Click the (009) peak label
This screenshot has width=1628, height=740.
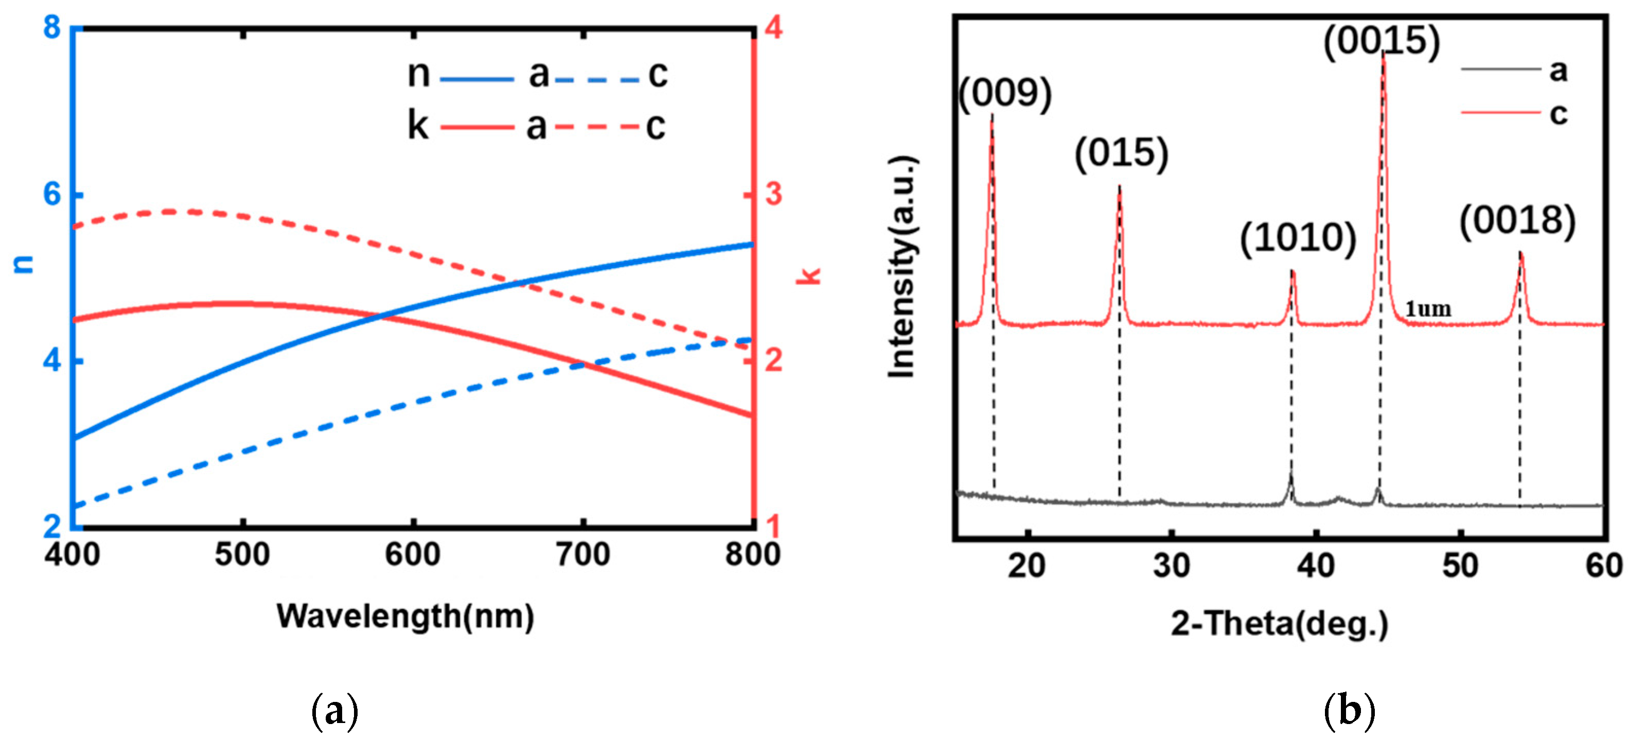(x=1005, y=94)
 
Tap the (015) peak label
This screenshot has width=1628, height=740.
(x=1122, y=153)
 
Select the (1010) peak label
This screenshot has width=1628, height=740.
(x=1298, y=238)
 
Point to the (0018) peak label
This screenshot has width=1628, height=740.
(x=1517, y=221)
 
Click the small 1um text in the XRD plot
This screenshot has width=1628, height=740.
(x=1428, y=309)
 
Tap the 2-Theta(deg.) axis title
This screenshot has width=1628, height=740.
(x=1280, y=624)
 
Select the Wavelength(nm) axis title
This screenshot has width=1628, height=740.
(x=405, y=616)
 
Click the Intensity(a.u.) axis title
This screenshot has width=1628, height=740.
(x=902, y=266)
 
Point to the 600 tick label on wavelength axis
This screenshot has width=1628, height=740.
(x=413, y=555)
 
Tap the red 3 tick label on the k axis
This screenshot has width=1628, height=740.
(x=773, y=193)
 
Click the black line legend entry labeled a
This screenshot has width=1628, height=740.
(x=1501, y=69)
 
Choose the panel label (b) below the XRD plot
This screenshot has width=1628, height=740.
(x=1349, y=711)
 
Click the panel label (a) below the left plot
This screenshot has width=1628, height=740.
(x=335, y=711)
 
